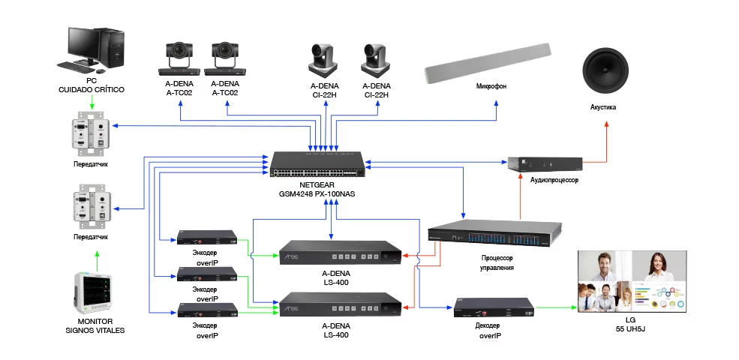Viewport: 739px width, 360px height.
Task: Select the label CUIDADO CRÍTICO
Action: (92, 90)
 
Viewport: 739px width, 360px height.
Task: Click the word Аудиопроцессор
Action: (554, 181)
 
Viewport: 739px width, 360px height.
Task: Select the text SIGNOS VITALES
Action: (95, 331)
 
